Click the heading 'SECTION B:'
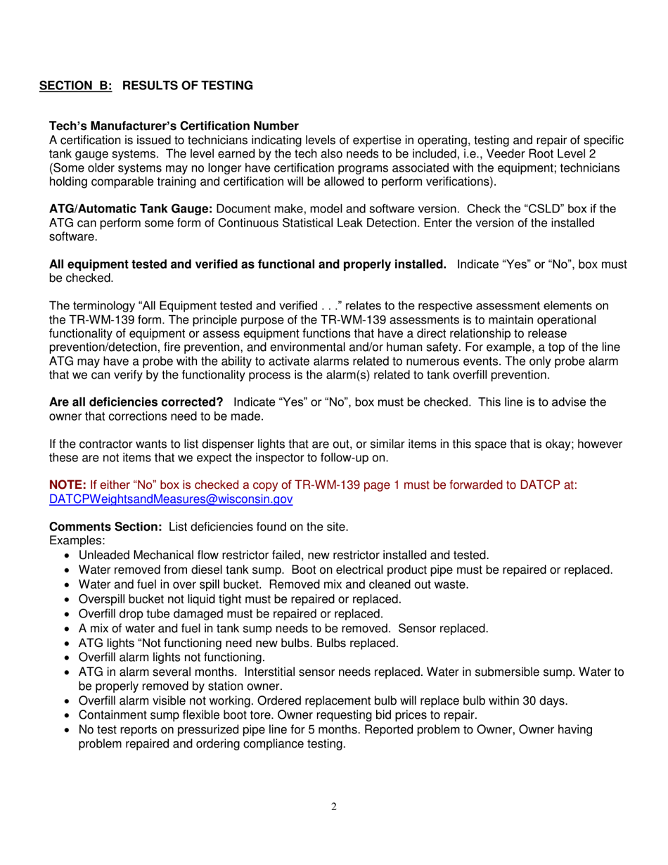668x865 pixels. coord(75,86)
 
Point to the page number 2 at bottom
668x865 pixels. coord(334,807)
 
